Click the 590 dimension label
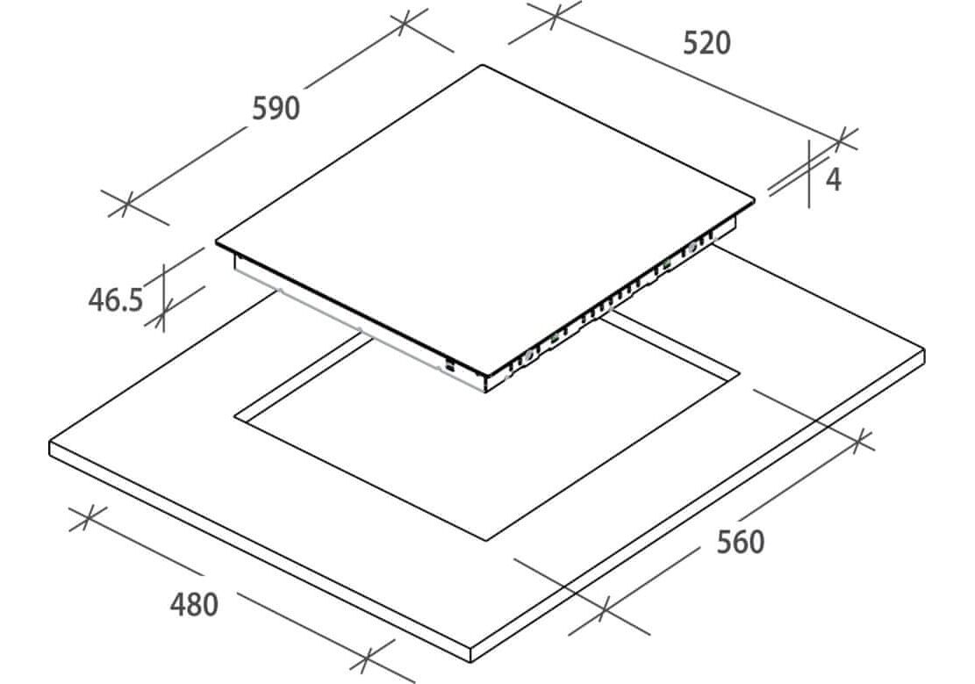pyautogui.click(x=276, y=108)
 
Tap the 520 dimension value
pyautogui.click(x=706, y=43)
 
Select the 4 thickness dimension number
pyautogui.click(x=834, y=179)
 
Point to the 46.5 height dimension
pyautogui.click(x=115, y=300)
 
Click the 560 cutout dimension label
pyautogui.click(x=741, y=542)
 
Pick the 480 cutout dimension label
pyautogui.click(x=193, y=604)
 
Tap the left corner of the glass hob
pyautogui.click(x=216, y=241)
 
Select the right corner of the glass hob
pyautogui.click(x=755, y=200)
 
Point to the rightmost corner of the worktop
pyautogui.click(x=924, y=350)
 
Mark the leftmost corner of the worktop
pyautogui.click(x=49, y=443)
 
